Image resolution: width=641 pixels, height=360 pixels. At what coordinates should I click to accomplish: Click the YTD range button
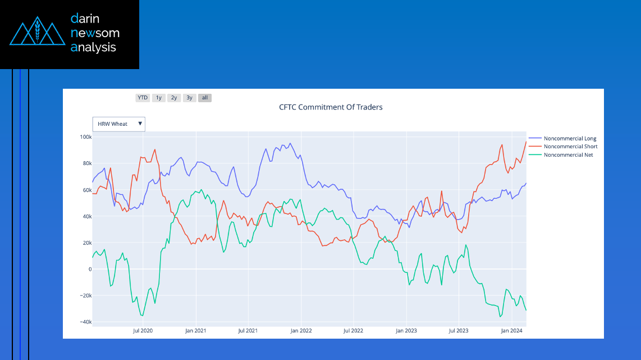point(143,98)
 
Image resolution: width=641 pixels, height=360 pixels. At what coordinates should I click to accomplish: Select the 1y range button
point(159,98)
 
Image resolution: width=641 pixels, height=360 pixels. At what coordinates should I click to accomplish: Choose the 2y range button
point(174,98)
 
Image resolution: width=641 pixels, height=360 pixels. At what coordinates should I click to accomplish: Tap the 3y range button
point(190,98)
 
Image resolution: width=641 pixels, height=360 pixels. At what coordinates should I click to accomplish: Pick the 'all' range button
point(205,98)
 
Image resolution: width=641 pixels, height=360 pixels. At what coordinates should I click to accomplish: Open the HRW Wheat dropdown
point(118,124)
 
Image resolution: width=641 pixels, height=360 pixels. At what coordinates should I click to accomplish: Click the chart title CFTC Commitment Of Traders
point(331,107)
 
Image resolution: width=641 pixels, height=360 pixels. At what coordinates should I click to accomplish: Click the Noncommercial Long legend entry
point(570,138)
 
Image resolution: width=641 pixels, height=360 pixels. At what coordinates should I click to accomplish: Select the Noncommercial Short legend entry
point(570,147)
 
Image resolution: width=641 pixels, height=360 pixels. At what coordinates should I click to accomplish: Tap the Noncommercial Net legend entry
point(568,154)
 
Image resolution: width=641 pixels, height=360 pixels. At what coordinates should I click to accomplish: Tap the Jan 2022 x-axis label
point(301,331)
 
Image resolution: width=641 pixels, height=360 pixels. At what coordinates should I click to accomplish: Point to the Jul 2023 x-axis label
point(459,331)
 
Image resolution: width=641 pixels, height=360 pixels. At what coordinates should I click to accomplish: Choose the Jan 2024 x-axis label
point(512,331)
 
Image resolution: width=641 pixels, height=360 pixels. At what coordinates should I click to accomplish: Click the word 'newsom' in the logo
point(95,33)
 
